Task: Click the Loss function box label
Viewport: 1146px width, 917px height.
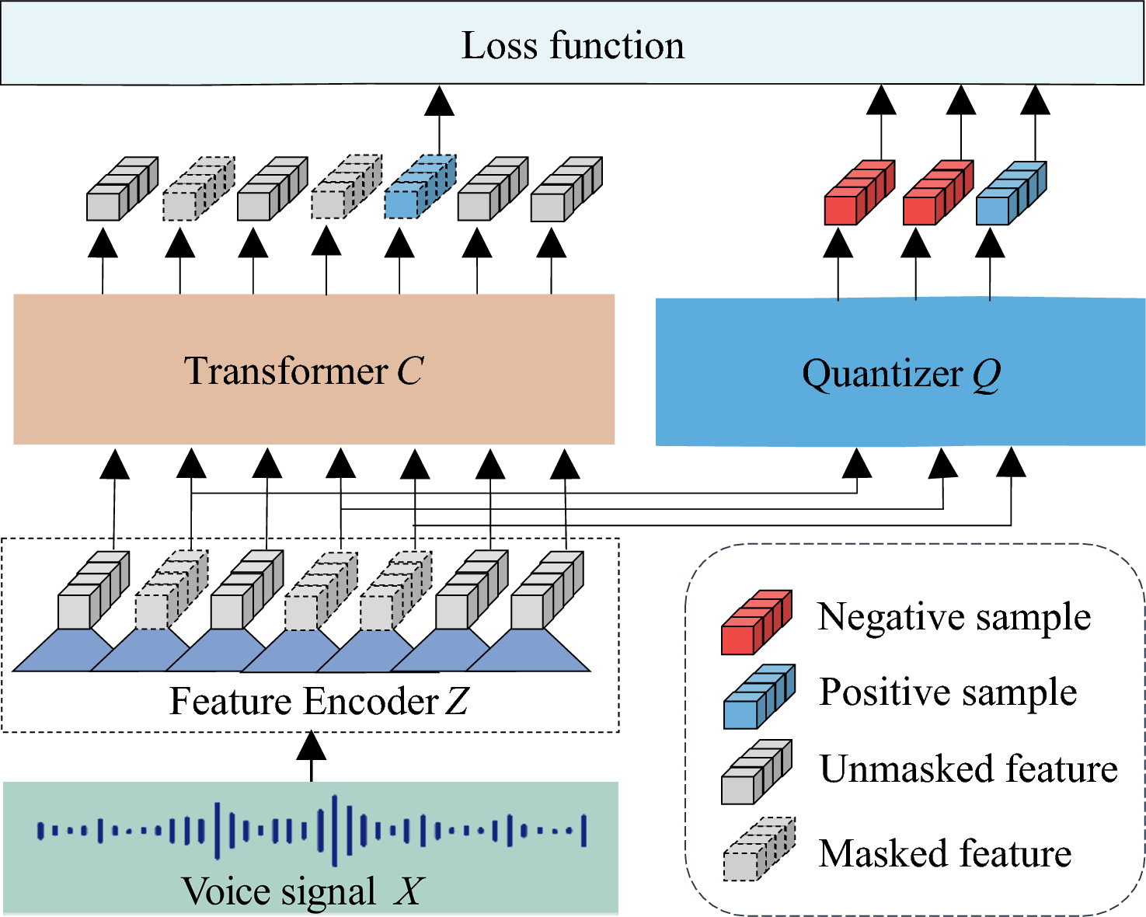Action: coord(573,45)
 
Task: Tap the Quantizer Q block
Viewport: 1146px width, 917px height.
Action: coord(900,373)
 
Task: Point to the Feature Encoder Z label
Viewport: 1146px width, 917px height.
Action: coord(319,701)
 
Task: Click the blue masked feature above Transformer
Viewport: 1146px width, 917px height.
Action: coord(418,189)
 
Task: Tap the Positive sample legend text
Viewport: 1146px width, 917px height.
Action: coord(948,692)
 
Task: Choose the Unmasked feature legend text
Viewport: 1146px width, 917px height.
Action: coord(968,769)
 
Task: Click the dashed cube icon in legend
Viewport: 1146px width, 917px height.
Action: coord(758,850)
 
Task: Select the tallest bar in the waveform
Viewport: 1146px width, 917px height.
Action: coord(335,830)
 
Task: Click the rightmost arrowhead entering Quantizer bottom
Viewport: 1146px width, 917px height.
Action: coord(1011,462)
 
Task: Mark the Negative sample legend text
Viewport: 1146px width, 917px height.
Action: coord(954,617)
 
